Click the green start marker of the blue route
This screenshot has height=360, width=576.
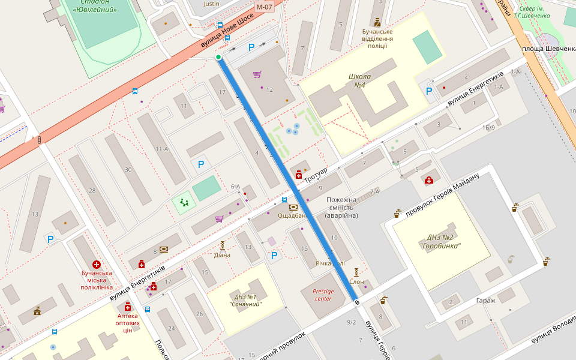coord(218,57)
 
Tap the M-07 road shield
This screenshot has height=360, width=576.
coord(264,7)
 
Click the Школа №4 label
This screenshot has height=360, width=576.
coord(360,80)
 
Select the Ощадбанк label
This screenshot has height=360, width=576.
coord(293,215)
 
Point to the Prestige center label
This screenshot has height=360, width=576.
coord(322,295)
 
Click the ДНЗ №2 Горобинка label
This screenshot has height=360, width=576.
coord(444,241)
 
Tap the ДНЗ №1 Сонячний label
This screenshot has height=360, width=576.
coord(246,300)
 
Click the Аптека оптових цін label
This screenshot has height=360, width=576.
coord(128,323)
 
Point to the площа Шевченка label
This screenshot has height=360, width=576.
coord(549,49)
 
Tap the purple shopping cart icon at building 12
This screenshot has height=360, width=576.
coord(257,74)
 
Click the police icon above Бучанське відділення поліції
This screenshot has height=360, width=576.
coord(377,21)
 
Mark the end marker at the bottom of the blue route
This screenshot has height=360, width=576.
coord(357,302)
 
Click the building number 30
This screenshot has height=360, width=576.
coord(128,170)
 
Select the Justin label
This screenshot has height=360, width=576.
coord(212,4)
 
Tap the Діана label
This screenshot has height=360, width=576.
coord(222,254)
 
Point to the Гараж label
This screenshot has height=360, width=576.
coord(485,301)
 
